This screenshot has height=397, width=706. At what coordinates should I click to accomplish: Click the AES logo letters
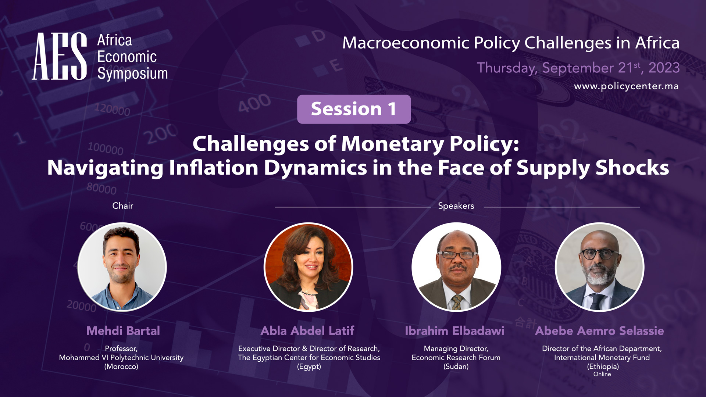coord(60,56)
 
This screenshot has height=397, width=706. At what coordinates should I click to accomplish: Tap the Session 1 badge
coord(354,109)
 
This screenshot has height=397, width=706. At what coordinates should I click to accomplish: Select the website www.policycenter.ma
coord(626,86)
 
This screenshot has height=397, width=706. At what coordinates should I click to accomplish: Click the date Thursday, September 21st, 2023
coord(578,68)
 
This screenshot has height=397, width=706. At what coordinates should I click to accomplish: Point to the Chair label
coord(123,205)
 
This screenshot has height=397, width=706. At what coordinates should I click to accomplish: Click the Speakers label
coord(456,206)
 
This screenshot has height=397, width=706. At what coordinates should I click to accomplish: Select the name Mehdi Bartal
coord(123,331)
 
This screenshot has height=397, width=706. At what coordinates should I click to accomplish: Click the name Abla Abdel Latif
coord(307,331)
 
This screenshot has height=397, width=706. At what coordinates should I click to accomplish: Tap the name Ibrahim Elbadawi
coord(454,331)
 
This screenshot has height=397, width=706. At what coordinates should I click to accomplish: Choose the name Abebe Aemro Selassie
coord(599,331)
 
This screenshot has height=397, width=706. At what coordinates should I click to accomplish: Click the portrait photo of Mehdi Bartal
coord(122,267)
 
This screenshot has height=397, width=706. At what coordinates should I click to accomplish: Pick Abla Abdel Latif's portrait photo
coord(309,267)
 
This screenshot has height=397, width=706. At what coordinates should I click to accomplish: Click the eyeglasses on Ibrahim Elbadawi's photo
coord(457,255)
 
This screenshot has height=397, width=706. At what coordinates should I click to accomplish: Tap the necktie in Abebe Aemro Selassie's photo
coord(596,301)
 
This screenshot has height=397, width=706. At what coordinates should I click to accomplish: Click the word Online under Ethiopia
coord(602,374)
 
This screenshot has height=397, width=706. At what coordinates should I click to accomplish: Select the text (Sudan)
coord(456,366)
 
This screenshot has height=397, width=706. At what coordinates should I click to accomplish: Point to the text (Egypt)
coord(309,366)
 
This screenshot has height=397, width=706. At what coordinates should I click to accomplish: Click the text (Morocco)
coord(121,366)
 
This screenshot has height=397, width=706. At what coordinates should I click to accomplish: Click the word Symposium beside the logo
coord(132,74)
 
